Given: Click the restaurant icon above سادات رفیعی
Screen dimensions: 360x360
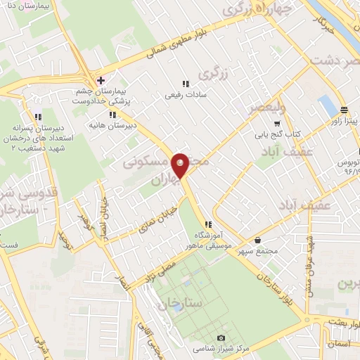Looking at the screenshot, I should coord(186,83).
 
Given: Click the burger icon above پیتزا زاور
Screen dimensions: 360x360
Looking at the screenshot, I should coord(344,110).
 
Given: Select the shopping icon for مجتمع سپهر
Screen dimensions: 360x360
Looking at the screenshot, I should coord(258,240).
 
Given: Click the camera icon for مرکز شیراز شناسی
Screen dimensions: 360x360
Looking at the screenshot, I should coord(221,338).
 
